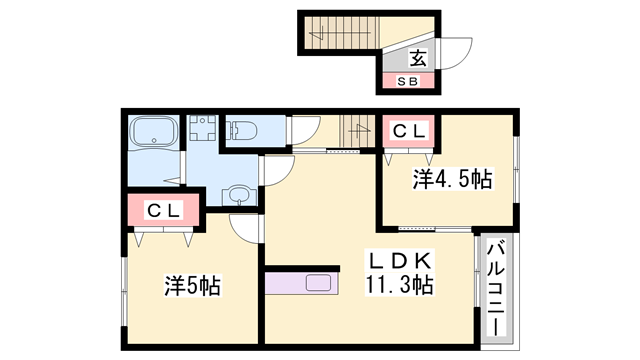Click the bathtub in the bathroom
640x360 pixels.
pyautogui.click(x=153, y=132)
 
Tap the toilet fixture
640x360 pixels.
pyautogui.click(x=241, y=131)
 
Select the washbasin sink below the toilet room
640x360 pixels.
pyautogui.click(x=239, y=194)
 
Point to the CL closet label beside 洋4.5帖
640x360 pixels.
pyautogui.click(x=407, y=130)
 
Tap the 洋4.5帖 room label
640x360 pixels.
pyautogui.click(x=453, y=180)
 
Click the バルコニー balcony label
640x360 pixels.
pyautogui.click(x=496, y=290)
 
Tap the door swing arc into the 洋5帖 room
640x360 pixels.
pyautogui.click(x=244, y=228)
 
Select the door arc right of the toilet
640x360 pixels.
pyautogui.click(x=304, y=133)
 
